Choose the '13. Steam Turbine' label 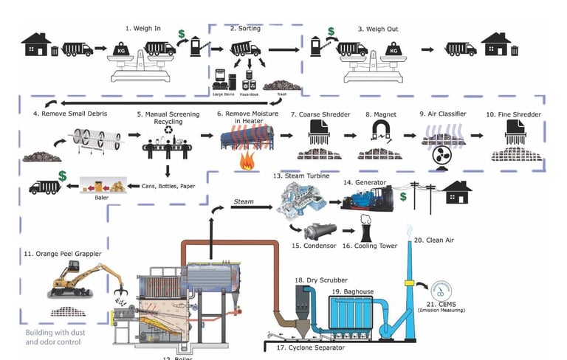coord(297,178)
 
